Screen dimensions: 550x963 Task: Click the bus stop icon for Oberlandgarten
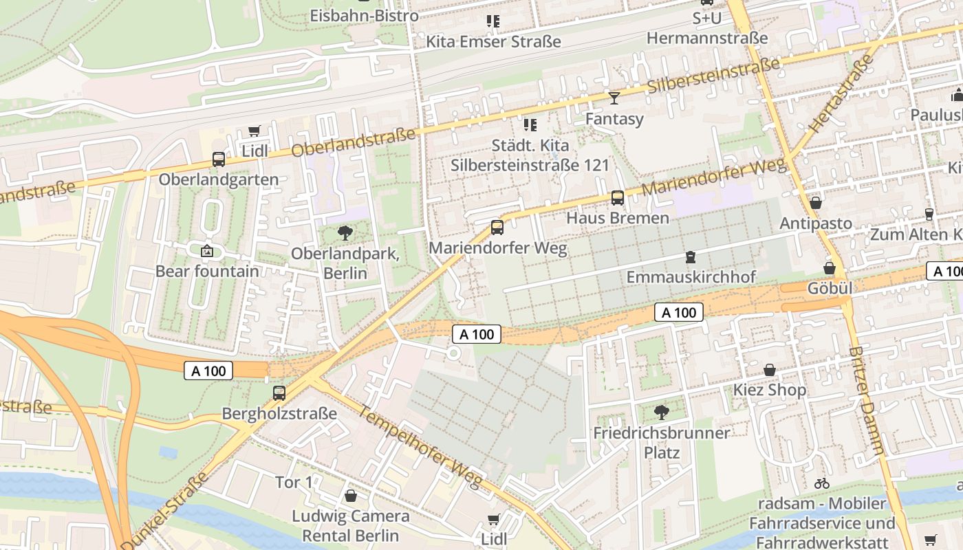tap(219, 159)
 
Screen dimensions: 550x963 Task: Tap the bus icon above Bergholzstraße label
tap(279, 393)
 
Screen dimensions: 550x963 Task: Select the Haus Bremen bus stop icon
tap(618, 198)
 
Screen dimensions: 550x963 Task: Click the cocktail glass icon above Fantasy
tap(614, 98)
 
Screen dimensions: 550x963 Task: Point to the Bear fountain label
tap(207, 271)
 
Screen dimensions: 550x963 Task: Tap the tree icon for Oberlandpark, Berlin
tap(345, 233)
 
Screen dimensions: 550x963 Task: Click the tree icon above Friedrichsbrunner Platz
tap(662, 412)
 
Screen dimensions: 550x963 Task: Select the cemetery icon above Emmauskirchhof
tap(691, 257)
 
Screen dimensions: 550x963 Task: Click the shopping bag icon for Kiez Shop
tap(770, 371)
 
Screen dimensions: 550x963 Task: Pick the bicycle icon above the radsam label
tap(821, 483)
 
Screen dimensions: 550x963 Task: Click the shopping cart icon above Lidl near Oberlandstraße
tap(254, 131)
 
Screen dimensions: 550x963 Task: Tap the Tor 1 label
tap(294, 483)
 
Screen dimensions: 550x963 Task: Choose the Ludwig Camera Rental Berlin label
tap(351, 525)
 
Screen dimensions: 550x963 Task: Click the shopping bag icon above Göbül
tap(830, 268)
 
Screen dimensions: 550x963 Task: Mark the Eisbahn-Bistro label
tap(364, 15)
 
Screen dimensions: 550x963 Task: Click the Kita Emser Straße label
tap(493, 41)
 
